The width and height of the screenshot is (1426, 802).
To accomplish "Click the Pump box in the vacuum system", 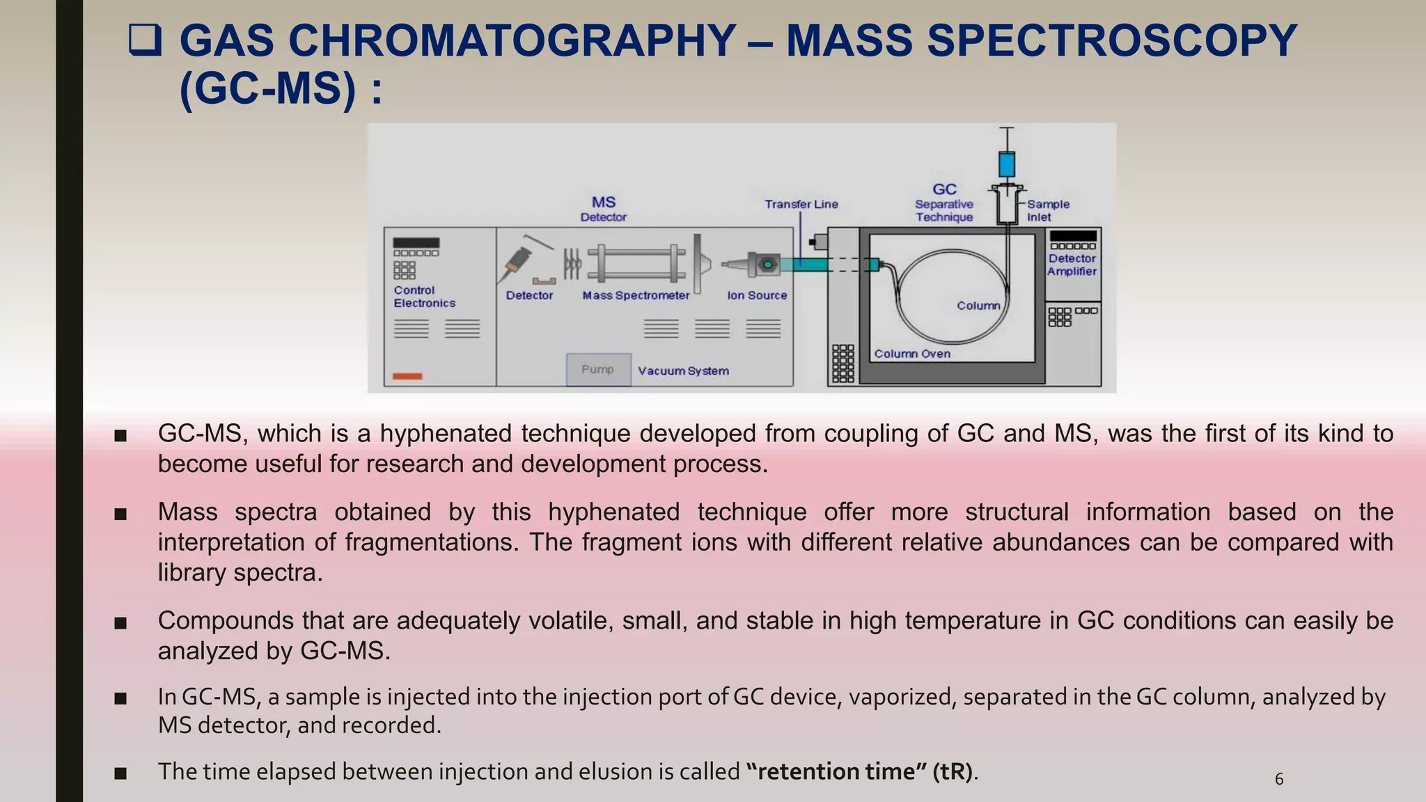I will pos(598,369).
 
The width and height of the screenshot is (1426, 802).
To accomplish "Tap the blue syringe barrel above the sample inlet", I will pos(1006,164).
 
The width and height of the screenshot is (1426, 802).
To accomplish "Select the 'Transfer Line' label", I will pos(801,204).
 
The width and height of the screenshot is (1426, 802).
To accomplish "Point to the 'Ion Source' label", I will pos(757,295).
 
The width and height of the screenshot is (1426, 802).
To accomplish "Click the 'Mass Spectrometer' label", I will pos(636,295).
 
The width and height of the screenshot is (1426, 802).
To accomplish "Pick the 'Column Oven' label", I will pos(912,354).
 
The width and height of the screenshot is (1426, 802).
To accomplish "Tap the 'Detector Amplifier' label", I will pos(1072,265).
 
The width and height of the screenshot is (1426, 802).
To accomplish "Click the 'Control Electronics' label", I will pos(424,297).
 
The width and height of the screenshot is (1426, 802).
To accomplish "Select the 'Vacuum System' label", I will pos(683,371).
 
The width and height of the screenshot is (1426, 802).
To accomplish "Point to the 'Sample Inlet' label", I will pos(1048,210).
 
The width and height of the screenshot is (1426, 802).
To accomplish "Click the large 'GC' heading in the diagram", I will pos(944,189).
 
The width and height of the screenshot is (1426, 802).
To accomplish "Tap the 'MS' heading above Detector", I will pos(604,202).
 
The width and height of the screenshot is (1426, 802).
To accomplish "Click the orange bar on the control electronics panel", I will pos(407,377).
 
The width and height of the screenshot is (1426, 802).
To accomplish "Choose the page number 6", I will pos(1279,779).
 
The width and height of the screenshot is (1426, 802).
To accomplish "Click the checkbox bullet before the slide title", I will pos(145,40).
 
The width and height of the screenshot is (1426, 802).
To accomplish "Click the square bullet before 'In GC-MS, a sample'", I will pos(120,698).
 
